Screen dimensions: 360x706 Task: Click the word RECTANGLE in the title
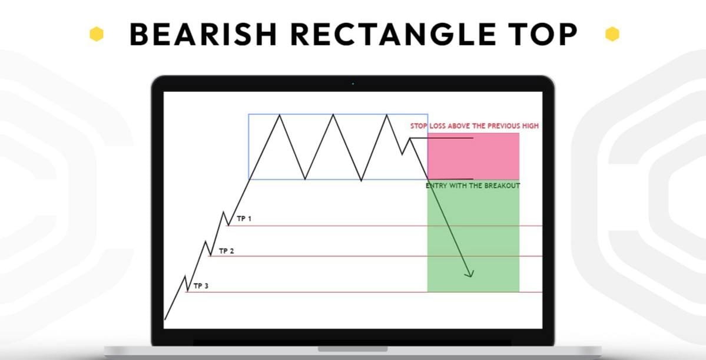click(390, 35)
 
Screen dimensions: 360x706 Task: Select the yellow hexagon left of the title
click(97, 35)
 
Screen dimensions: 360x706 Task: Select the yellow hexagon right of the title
click(612, 34)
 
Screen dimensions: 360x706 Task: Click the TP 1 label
click(244, 219)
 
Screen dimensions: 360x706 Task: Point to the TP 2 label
click(226, 251)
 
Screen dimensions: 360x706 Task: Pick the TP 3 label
click(201, 286)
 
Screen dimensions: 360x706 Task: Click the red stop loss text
click(474, 126)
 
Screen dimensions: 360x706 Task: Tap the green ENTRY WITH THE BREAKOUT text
click(473, 186)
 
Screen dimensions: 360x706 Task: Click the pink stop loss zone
click(473, 156)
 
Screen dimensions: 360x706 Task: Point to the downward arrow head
click(470, 273)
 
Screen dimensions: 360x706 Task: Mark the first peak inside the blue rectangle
click(279, 115)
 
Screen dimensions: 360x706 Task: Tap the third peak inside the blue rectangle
click(387, 115)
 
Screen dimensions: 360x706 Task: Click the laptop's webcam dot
click(353, 84)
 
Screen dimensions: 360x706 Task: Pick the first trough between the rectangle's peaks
click(305, 178)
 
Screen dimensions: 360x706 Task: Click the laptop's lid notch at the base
click(353, 349)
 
